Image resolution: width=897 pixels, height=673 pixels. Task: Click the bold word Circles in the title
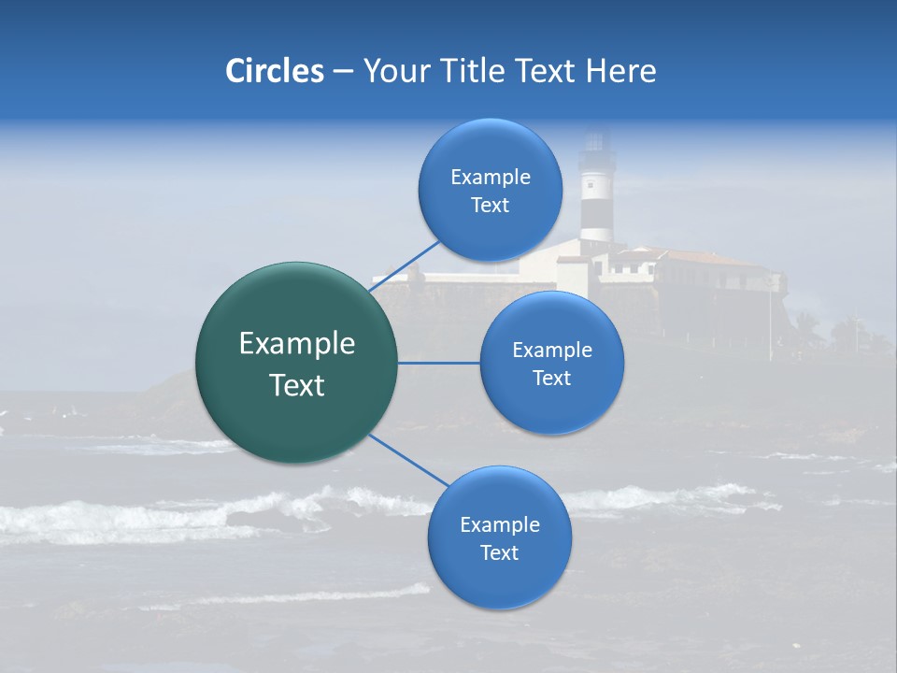point(274,70)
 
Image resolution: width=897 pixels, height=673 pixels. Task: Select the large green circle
point(296,363)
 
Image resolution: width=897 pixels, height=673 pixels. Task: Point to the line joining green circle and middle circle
point(438,363)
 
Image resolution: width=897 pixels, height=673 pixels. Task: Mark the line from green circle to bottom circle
point(408,461)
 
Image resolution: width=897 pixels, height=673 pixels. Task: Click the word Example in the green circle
point(297,344)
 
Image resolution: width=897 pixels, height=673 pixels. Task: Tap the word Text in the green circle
point(297,385)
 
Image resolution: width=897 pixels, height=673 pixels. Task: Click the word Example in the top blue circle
point(491,177)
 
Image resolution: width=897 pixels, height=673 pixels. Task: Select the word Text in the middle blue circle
point(551,378)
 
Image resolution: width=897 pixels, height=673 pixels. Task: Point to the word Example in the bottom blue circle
point(500,524)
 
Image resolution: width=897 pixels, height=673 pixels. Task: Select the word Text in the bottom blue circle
point(499,552)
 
